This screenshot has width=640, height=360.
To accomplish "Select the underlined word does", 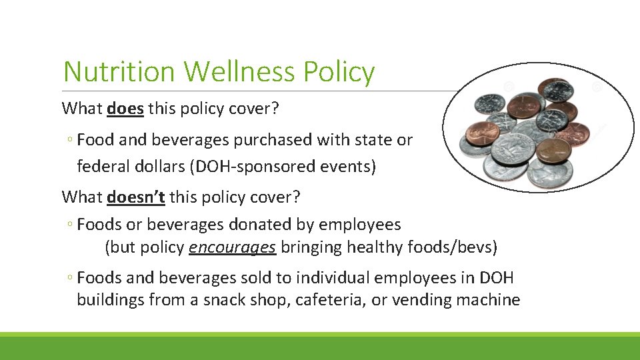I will tap(125, 108).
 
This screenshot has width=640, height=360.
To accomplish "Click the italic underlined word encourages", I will tap(232, 247).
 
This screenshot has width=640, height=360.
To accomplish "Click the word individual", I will tap(332, 278).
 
